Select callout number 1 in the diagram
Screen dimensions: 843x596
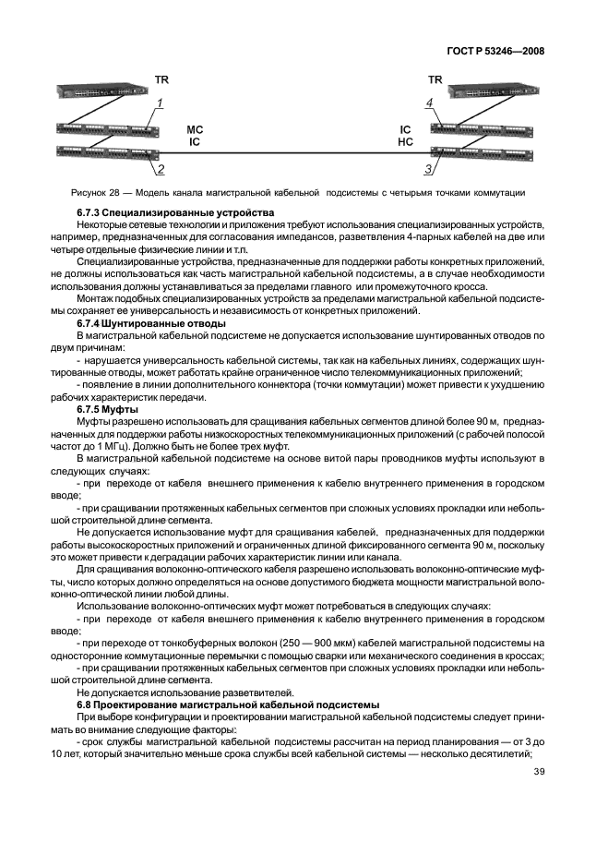tap(160, 103)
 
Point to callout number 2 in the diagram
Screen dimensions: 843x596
tap(160, 170)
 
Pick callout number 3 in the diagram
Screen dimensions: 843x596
tap(428, 170)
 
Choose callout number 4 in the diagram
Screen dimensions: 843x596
tap(429, 103)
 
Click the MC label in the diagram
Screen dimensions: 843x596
tap(194, 131)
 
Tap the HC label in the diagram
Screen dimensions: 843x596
tap(405, 143)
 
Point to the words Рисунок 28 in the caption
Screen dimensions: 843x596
tap(93, 193)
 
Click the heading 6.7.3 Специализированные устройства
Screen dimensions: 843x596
tap(155, 213)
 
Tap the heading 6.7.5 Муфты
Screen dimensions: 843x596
tap(108, 409)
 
